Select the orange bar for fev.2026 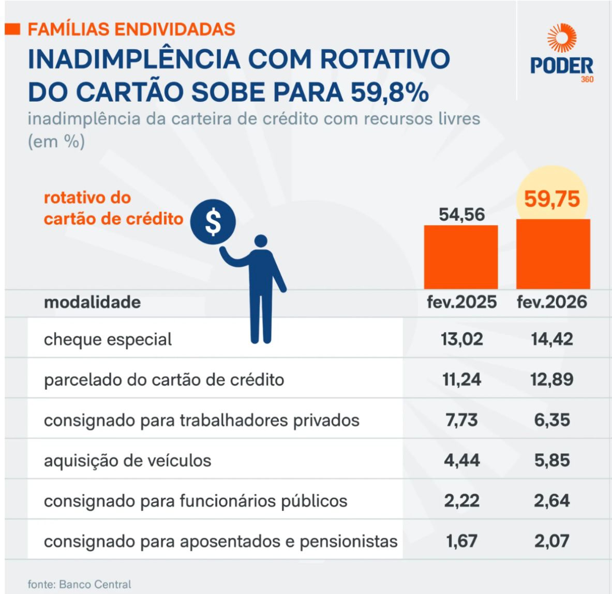[553, 254]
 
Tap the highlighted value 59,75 [552, 199]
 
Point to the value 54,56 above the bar [461, 214]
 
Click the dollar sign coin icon [213, 222]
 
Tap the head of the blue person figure [261, 241]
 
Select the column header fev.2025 [461, 302]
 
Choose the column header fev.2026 [552, 302]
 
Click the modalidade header [92, 302]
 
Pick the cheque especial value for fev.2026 [552, 339]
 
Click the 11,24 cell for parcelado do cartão [461, 379]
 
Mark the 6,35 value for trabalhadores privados [552, 420]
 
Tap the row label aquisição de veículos [127, 460]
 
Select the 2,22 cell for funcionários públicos [461, 500]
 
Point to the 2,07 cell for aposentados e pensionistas [552, 541]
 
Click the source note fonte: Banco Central [79, 584]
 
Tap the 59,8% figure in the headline [390, 92]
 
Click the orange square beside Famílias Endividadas [12, 29]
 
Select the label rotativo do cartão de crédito [113, 208]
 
